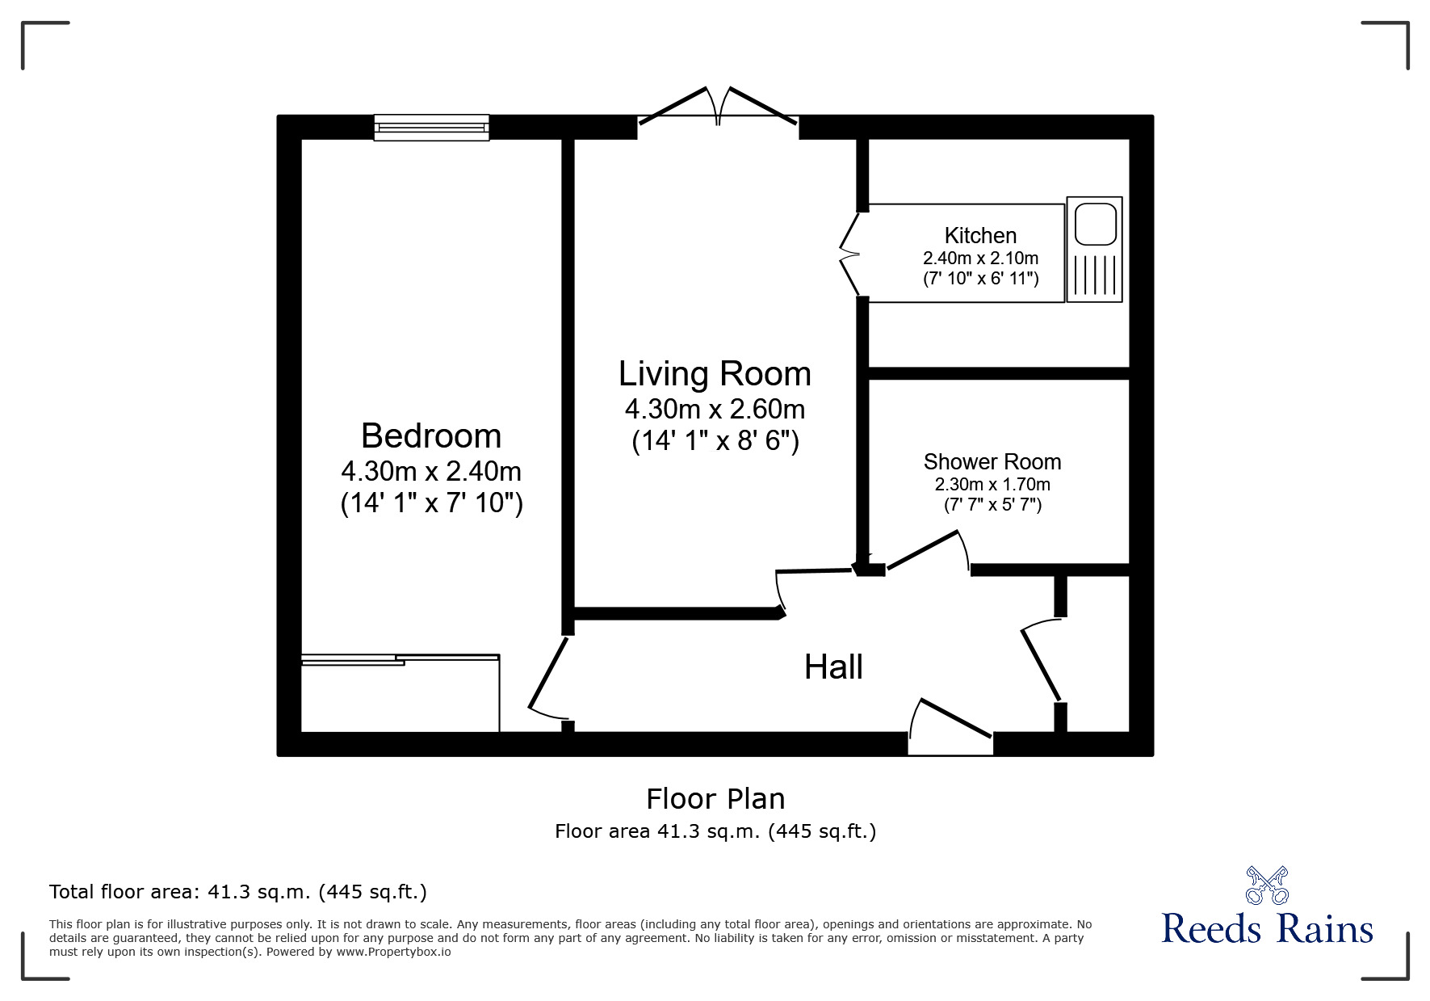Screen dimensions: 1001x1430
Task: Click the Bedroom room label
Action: click(431, 436)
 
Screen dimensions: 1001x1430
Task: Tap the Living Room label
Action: click(715, 374)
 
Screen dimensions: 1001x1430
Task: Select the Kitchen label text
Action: click(980, 236)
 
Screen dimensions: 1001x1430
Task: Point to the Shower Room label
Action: click(992, 462)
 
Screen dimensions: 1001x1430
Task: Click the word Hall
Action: click(833, 667)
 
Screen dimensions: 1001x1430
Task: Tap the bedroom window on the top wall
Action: click(431, 127)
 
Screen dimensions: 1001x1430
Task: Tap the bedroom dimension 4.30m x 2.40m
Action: click(431, 471)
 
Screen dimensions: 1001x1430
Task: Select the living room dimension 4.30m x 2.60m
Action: click(715, 410)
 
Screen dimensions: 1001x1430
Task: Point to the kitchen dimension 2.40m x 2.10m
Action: click(980, 259)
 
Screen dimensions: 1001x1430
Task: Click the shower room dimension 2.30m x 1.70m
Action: click(992, 485)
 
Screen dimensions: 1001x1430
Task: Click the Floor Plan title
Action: click(715, 799)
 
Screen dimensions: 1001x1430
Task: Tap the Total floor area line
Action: click(238, 892)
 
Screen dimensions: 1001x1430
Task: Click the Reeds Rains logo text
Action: click(1267, 929)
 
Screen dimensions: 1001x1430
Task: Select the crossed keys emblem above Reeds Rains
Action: click(1267, 885)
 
